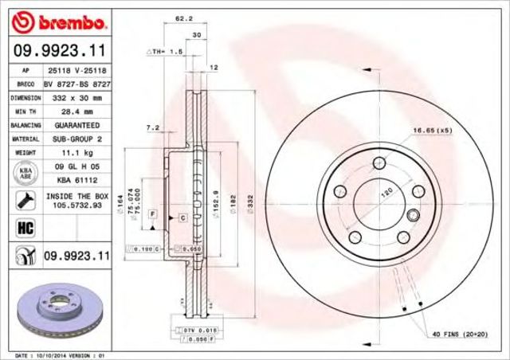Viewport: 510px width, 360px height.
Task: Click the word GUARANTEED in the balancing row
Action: pyautogui.click(x=76, y=126)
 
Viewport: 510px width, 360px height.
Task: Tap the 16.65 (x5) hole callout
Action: pyautogui.click(x=430, y=129)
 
